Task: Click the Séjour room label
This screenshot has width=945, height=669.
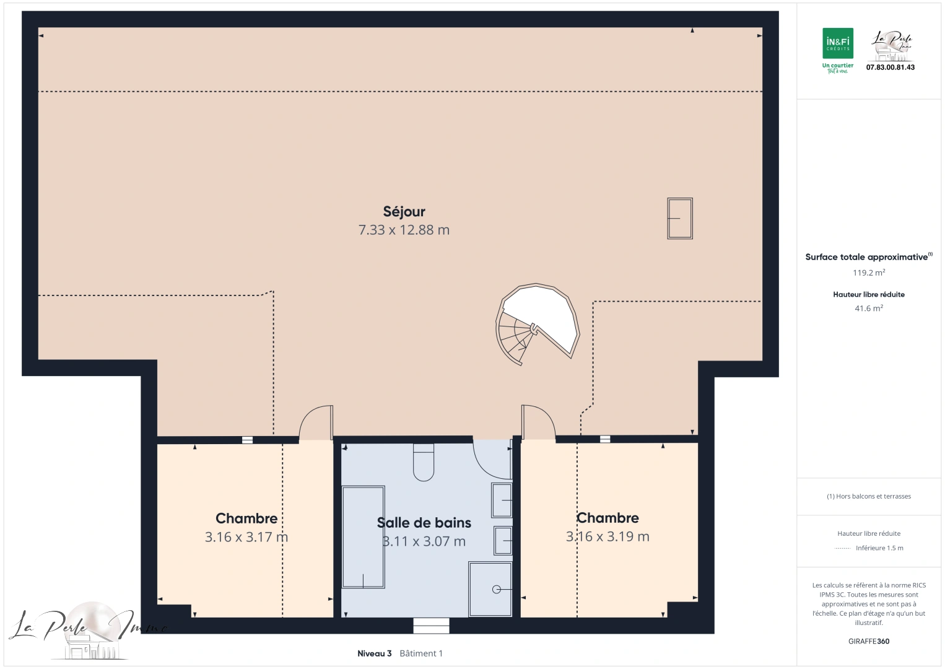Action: tap(404, 212)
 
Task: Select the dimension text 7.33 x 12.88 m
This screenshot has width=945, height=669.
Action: tap(404, 230)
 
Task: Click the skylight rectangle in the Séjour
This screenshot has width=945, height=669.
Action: tap(679, 218)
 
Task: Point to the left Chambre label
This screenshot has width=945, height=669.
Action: tap(246, 518)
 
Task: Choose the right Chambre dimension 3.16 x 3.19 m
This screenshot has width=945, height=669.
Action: tap(607, 536)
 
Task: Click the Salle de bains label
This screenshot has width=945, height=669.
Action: tap(424, 523)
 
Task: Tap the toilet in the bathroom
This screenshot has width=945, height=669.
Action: tap(424, 463)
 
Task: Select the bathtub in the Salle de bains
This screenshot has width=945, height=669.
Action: tap(363, 537)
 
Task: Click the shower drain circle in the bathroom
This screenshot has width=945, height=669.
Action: tap(496, 589)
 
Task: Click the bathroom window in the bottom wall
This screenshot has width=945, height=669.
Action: tap(431, 626)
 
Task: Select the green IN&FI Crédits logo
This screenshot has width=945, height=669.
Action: tap(837, 44)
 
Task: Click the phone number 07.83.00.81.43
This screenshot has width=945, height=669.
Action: tap(890, 68)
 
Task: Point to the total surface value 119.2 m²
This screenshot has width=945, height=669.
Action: tap(868, 273)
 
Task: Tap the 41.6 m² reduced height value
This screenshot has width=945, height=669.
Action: tap(868, 308)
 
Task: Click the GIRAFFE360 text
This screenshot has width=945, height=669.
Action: tap(868, 641)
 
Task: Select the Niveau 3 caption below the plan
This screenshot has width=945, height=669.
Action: tap(374, 654)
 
